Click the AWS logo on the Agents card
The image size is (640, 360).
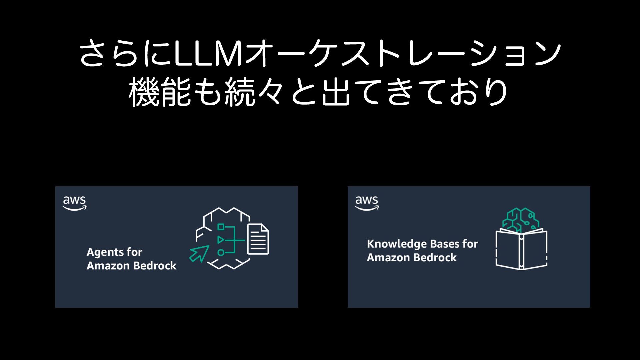(74, 203)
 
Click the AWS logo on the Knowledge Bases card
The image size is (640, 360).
(367, 203)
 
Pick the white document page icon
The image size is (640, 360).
(258, 239)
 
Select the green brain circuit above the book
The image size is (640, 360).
(521, 219)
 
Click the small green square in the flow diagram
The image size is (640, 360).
(221, 227)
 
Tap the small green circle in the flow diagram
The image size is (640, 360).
(221, 252)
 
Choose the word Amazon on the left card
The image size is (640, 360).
(108, 266)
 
